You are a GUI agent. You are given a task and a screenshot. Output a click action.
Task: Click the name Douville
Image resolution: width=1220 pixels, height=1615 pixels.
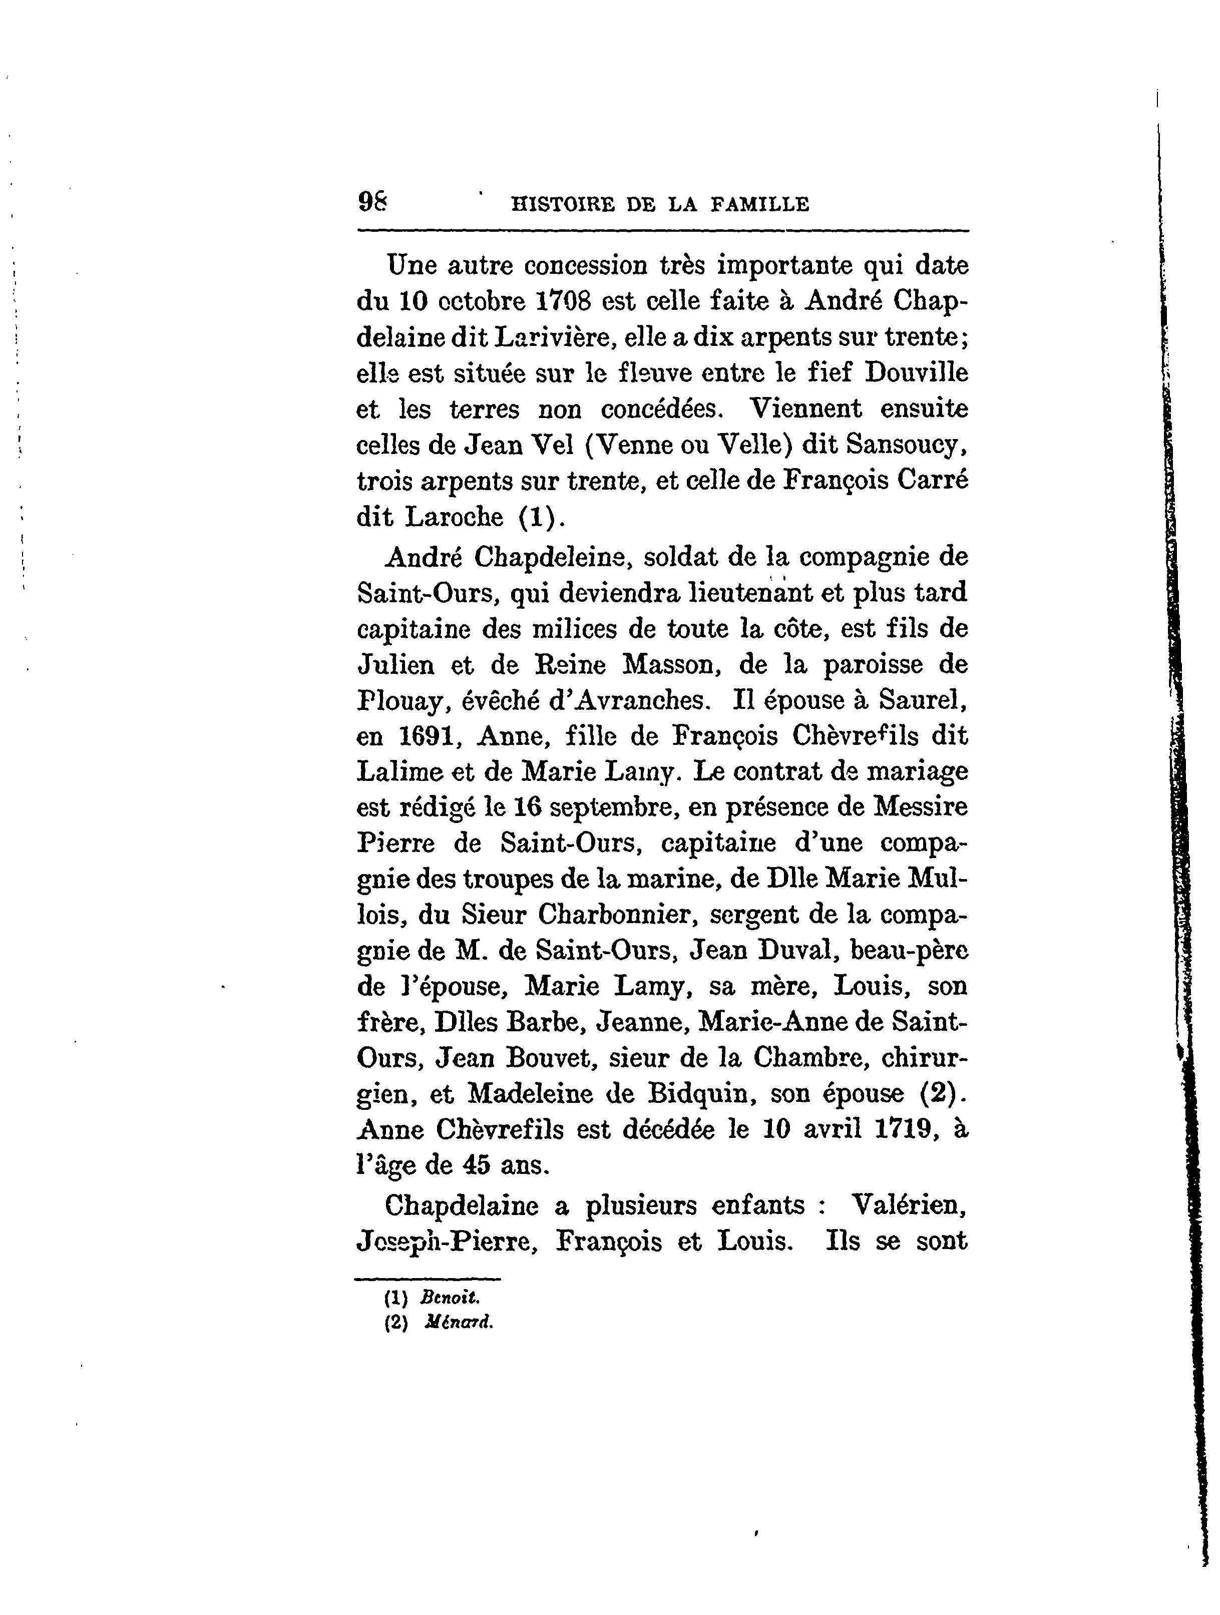[x=916, y=372]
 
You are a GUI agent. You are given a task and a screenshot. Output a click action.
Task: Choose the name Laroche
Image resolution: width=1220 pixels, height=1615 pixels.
[x=454, y=517]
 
